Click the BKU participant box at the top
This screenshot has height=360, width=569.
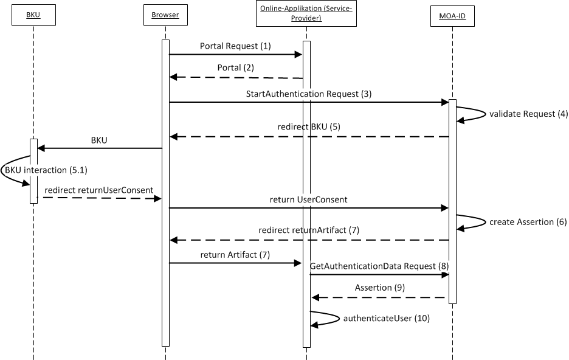click(x=33, y=15)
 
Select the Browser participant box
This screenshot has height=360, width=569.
click(x=165, y=15)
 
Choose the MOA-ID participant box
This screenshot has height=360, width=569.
click(x=452, y=15)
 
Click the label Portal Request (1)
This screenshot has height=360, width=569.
click(x=235, y=46)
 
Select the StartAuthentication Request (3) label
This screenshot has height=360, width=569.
click(x=308, y=94)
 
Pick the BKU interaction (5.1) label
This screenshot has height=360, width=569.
click(x=42, y=171)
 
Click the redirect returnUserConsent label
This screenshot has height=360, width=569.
click(x=98, y=190)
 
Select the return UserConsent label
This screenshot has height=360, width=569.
click(x=308, y=199)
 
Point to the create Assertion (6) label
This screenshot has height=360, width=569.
click(x=528, y=222)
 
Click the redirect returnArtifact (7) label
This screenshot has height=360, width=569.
click(x=308, y=230)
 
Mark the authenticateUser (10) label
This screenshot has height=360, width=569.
click(x=387, y=318)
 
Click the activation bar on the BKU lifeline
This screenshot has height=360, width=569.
click(x=33, y=171)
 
